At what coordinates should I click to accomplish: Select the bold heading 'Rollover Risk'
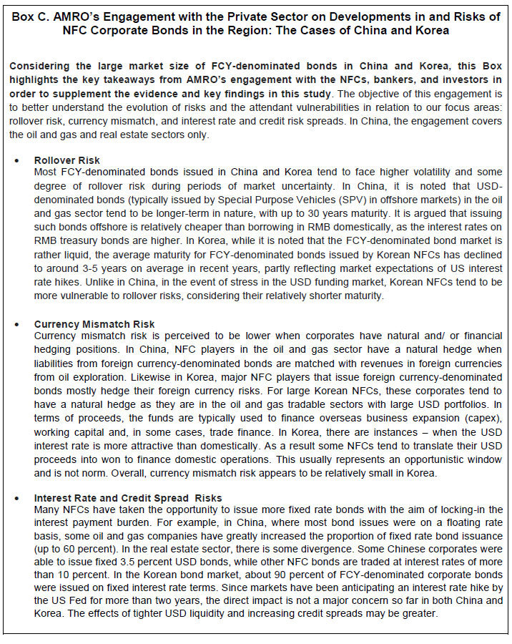coord(67,160)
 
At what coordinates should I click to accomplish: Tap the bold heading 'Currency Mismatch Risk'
coord(94,324)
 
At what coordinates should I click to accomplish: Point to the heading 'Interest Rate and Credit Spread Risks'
coord(128,498)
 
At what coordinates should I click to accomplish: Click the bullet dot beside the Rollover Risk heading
coord(16,160)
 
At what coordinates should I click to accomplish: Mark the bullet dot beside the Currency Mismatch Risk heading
coord(16,324)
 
